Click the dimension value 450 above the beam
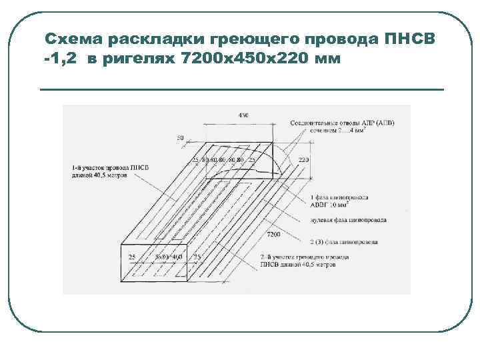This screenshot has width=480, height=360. (x=243, y=115)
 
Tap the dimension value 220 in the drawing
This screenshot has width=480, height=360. (x=303, y=161)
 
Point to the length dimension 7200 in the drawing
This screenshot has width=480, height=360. (x=273, y=235)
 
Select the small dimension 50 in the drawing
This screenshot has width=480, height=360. (x=180, y=137)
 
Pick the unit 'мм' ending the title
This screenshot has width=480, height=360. (x=326, y=59)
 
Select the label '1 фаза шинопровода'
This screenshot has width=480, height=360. (x=341, y=198)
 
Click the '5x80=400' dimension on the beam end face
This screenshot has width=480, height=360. (x=169, y=256)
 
